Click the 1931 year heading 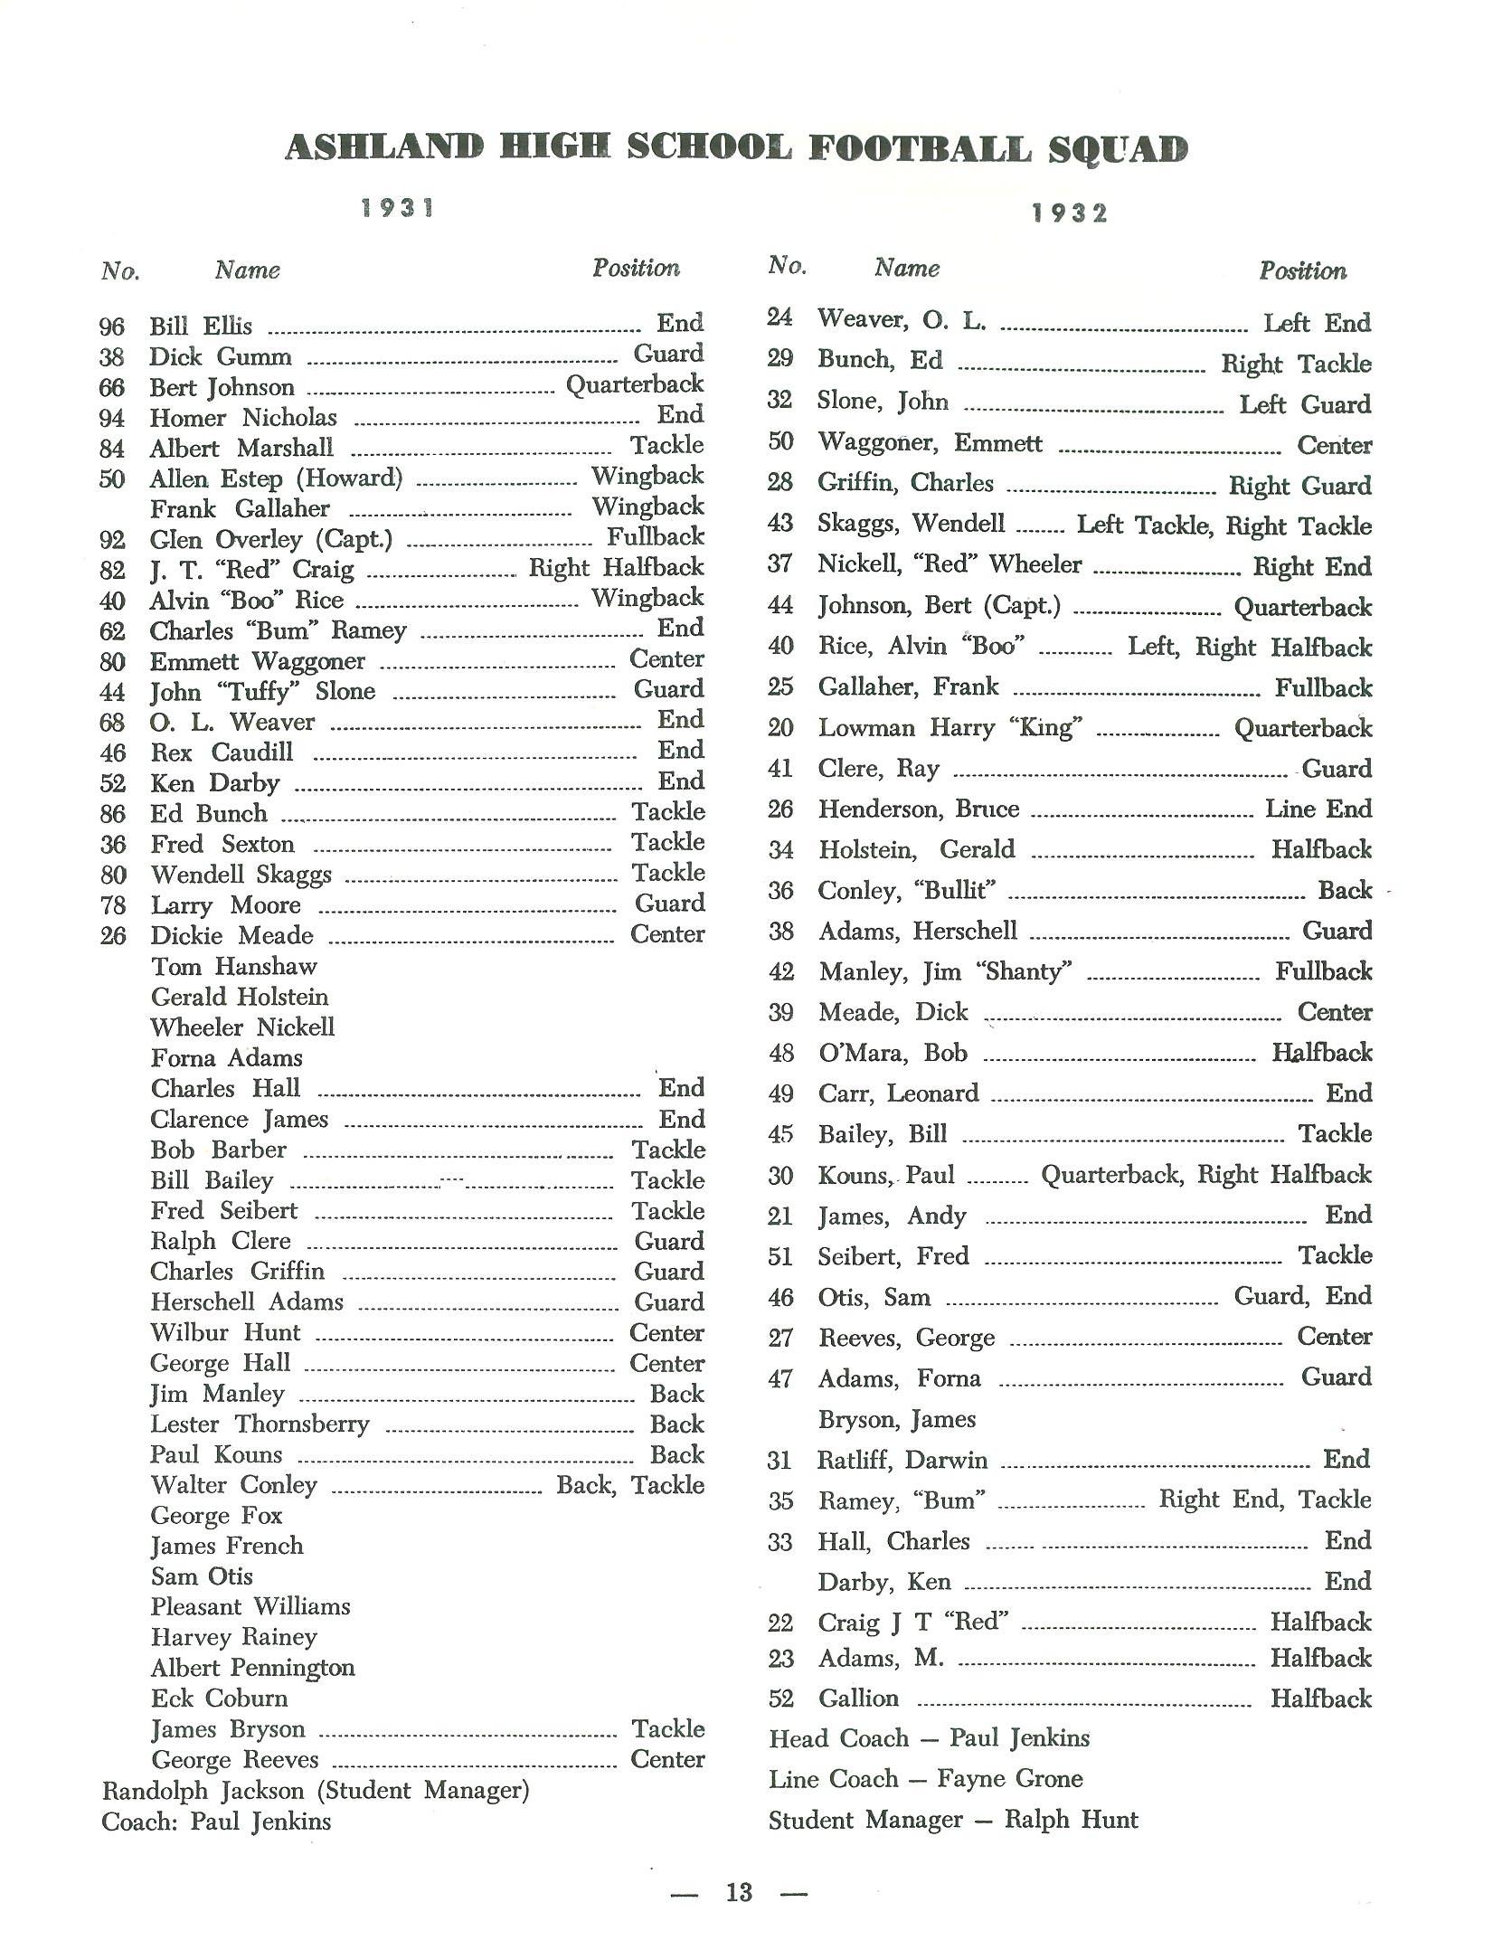coord(398,208)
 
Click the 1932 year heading coord(1070,213)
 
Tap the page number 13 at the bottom coord(739,1892)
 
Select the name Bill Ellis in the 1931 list coord(201,326)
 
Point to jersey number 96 coord(111,326)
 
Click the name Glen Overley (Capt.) coord(271,540)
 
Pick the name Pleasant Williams coord(250,1606)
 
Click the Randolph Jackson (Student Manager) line coord(316,1790)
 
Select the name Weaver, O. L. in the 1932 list coord(902,319)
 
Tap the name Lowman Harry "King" coord(950,728)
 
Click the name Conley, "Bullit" coord(907,891)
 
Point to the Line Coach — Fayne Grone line coord(925,1779)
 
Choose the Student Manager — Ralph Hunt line coord(953,1820)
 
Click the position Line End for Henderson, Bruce coord(1318,809)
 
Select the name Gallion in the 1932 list coord(859,1699)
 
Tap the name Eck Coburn coord(219,1698)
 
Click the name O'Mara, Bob coord(893,1053)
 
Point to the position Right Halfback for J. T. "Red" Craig coord(616,568)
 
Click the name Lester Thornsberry coord(260,1424)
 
